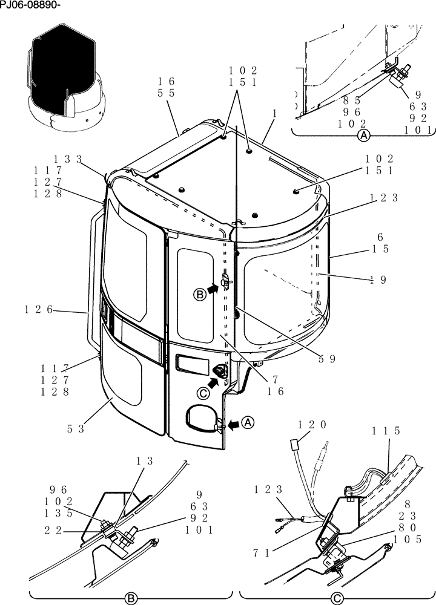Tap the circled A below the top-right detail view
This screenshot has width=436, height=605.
364,136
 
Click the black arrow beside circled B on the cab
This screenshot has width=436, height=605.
212,290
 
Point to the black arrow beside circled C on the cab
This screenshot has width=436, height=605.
213,382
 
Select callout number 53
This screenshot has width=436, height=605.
76,429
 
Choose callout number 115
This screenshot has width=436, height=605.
386,431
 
